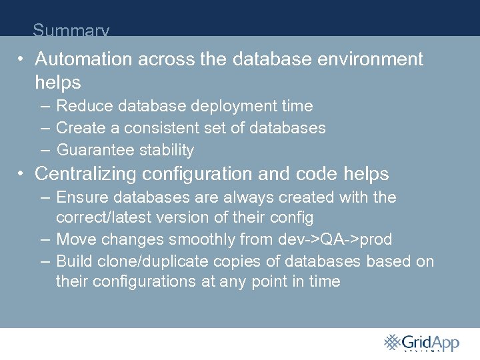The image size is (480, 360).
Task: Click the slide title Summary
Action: click(71, 31)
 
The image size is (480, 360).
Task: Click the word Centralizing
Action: click(87, 174)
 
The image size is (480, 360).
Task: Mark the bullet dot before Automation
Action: click(22, 60)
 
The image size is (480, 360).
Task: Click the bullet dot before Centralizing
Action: click(22, 175)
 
